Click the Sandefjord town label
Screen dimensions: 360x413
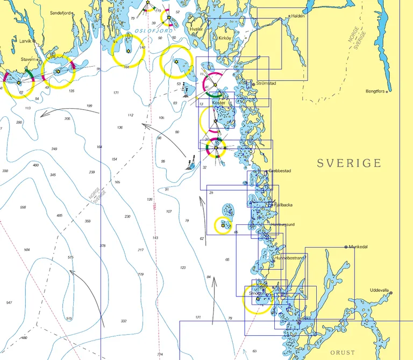(59, 12)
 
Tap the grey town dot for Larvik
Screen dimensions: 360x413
(34, 40)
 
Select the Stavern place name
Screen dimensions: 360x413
(29, 59)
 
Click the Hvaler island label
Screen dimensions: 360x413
(196, 29)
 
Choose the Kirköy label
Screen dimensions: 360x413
(224, 38)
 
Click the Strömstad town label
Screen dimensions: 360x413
(267, 84)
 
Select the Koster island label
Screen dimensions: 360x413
(219, 102)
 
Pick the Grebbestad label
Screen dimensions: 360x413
(280, 171)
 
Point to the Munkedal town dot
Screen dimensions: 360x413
(346, 247)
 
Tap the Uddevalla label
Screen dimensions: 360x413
(379, 290)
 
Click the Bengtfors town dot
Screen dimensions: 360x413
(389, 91)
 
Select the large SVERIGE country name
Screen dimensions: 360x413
(348, 163)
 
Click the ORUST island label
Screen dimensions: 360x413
(343, 352)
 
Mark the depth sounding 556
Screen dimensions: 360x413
(23, 207)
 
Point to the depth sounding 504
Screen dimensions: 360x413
(27, 250)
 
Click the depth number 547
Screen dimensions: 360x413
(9, 303)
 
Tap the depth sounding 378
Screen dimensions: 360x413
(103, 245)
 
